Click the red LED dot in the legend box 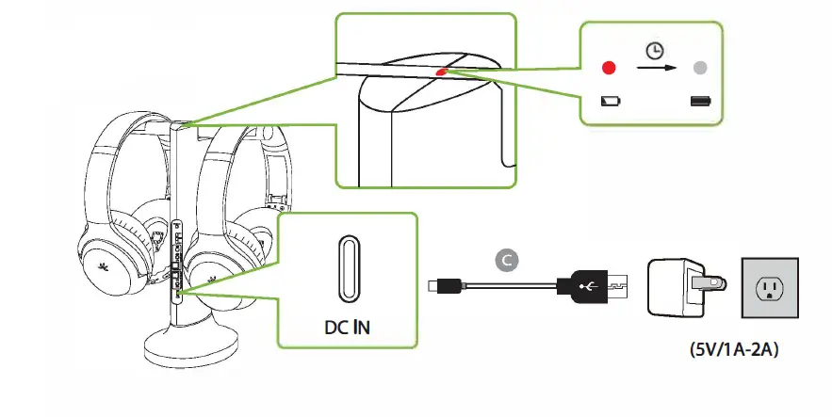coord(609,69)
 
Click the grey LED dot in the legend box coord(699,69)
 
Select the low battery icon coord(610,101)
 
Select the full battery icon coord(700,101)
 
